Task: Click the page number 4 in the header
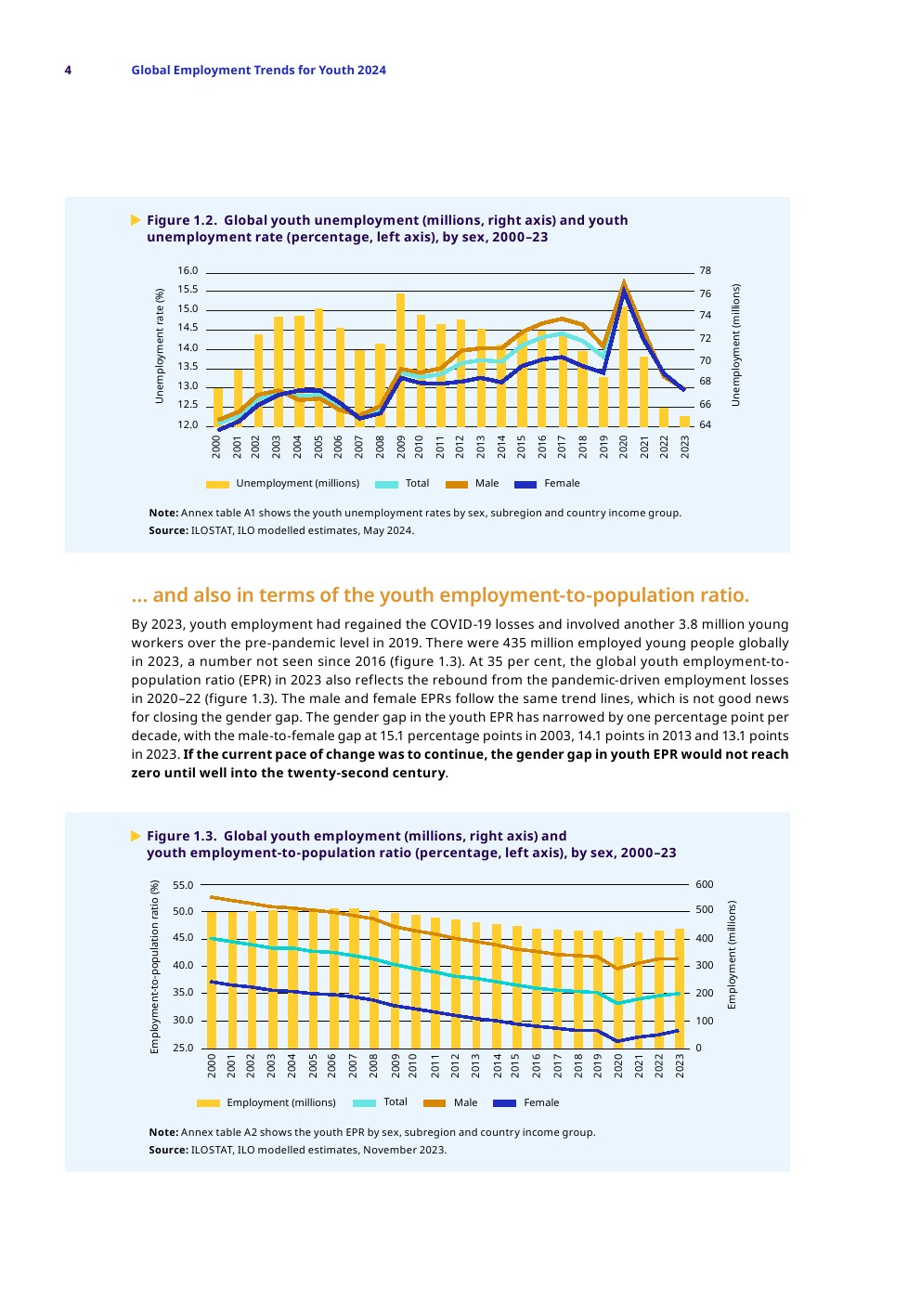[x=68, y=71]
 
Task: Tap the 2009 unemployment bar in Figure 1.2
[x=400, y=362]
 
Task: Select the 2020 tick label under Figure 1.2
[x=624, y=446]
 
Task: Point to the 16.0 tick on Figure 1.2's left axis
[x=188, y=271]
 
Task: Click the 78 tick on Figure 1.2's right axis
[x=706, y=271]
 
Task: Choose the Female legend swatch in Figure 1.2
[x=525, y=484]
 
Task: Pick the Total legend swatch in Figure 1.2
[x=386, y=484]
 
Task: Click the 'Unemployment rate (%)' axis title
[x=160, y=345]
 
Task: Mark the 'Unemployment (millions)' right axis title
[x=736, y=345]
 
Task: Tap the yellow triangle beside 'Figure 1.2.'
[x=136, y=220]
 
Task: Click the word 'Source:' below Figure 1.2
[x=168, y=531]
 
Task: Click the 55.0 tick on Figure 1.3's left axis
[x=183, y=885]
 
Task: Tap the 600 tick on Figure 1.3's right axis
[x=705, y=885]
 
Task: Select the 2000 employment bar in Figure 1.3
[x=212, y=980]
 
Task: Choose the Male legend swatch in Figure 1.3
[x=435, y=1103]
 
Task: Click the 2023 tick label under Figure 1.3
[x=681, y=1065]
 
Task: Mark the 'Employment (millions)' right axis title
[x=732, y=955]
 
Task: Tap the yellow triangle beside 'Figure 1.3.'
[x=136, y=836]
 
